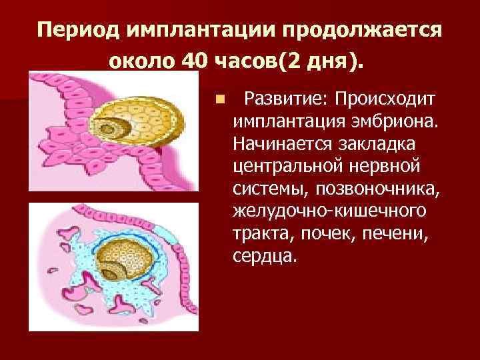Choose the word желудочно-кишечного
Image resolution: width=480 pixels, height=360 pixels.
329,212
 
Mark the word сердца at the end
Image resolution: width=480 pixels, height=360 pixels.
263,257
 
